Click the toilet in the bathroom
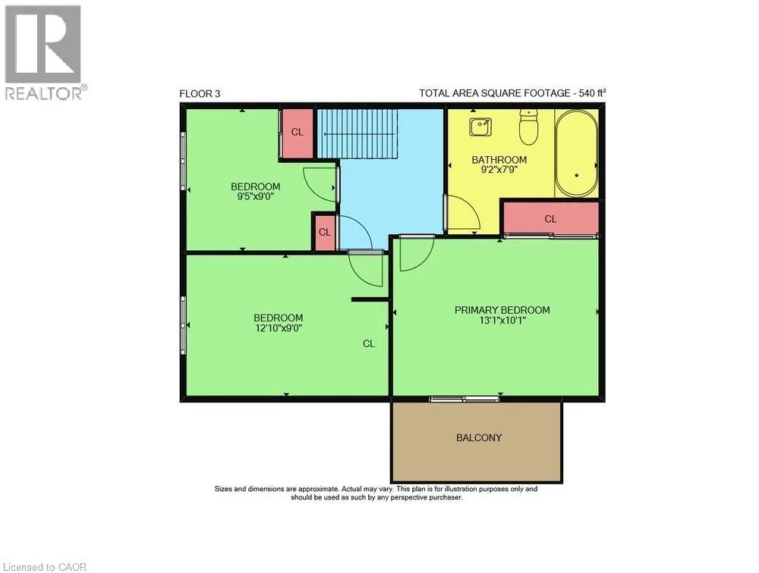[528, 127]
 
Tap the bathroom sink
[480, 127]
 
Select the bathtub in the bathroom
[578, 154]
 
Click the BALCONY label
[479, 437]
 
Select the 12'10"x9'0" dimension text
[278, 329]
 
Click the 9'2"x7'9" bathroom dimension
[499, 171]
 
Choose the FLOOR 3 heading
[200, 94]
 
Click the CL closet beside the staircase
[297, 132]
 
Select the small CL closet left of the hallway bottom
[324, 232]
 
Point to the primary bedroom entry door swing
[414, 253]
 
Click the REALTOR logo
[43, 52]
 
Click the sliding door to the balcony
[464, 399]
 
